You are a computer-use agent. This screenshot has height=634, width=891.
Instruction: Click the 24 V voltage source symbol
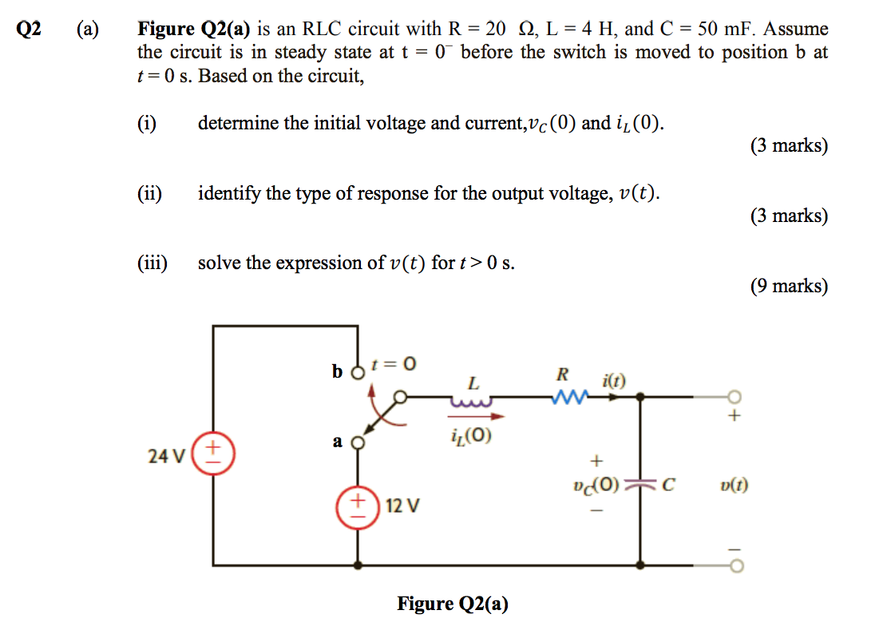213,455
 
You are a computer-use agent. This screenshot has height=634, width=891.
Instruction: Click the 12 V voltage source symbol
357,506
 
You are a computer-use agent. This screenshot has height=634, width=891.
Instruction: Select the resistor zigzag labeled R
568,397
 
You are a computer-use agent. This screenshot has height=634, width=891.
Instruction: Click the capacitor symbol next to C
639,485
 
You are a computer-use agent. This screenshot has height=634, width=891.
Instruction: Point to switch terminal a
358,442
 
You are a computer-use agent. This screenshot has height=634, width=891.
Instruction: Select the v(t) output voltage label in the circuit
734,485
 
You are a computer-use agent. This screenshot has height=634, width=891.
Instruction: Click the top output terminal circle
735,397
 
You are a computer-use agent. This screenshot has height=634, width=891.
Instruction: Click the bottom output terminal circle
735,566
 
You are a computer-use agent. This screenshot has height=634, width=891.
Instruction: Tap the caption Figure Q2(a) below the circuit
452,604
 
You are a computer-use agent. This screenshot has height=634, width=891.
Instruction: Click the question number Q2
30,30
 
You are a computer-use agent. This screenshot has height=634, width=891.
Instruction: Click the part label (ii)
149,193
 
